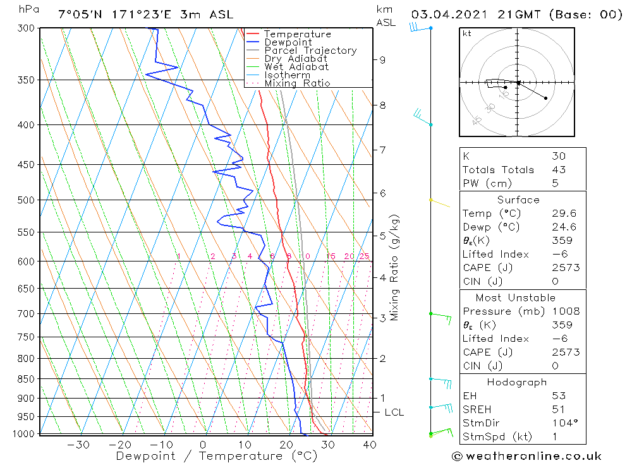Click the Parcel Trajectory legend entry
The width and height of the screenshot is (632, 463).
point(310,51)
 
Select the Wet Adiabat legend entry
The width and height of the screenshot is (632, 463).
point(296,67)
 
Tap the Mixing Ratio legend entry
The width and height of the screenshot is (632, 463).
point(297,83)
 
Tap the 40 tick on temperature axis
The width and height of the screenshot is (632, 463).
point(369,445)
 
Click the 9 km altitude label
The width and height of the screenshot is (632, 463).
point(383,60)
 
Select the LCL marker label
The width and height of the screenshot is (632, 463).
point(394,412)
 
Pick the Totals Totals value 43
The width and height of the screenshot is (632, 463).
point(559,170)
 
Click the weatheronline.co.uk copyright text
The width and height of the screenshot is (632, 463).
point(527,456)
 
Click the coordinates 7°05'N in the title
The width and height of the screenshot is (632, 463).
point(79,15)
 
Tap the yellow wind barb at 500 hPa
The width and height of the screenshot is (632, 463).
point(440,203)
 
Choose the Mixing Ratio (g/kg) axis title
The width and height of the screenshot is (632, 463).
point(395,268)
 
